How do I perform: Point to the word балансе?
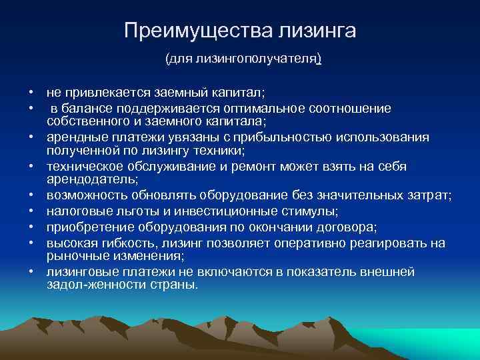coord(90,108)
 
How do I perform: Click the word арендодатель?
coord(87,179)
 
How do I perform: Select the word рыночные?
coord(74,256)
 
